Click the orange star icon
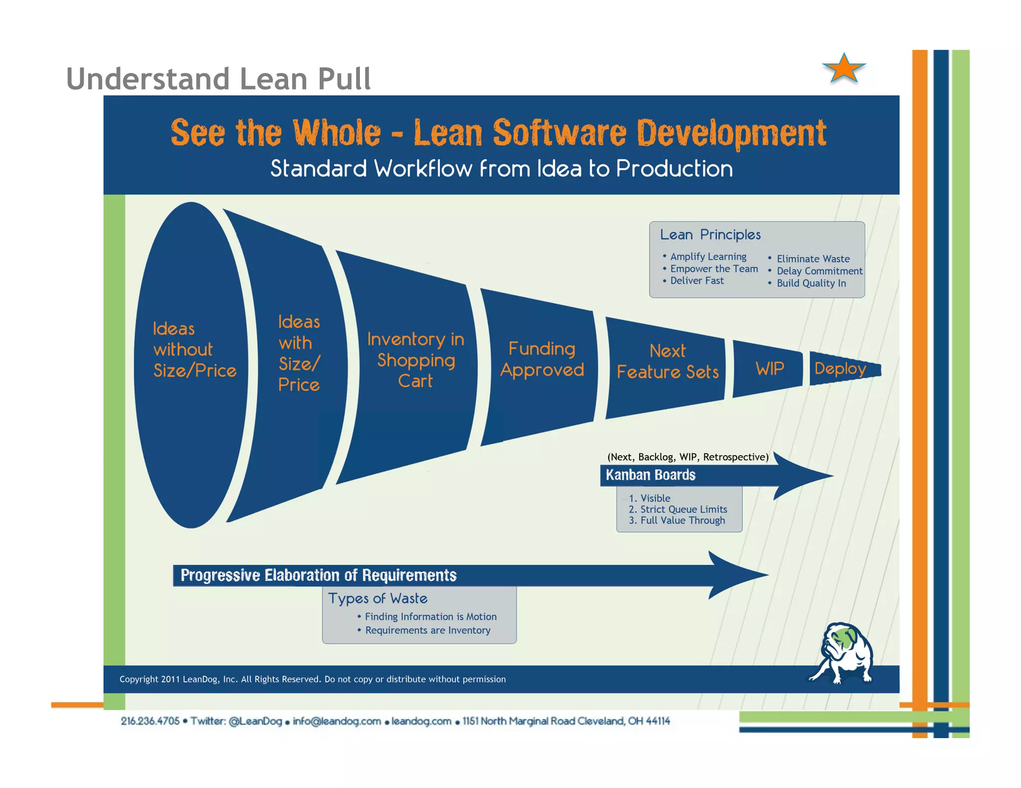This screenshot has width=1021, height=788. coord(844,69)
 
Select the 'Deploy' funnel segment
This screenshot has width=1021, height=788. coord(841,369)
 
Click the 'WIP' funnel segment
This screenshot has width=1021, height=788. coord(769,369)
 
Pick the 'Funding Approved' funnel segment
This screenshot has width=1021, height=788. coord(542,360)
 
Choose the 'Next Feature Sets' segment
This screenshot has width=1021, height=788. coord(668,362)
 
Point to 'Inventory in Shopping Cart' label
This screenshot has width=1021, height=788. coord(416,360)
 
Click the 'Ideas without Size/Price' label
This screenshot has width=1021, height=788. coord(194,350)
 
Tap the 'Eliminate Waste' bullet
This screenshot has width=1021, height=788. coord(813,259)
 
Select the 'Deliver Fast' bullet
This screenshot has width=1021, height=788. coord(696,281)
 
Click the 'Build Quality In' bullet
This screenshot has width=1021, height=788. coord(811,283)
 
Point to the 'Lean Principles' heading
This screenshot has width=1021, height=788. coord(710,235)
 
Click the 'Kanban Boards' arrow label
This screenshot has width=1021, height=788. coord(651,475)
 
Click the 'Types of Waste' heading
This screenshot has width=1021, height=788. coord(377,598)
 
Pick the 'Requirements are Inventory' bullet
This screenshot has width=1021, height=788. coord(427,631)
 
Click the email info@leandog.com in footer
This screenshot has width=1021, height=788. coord(337,721)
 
